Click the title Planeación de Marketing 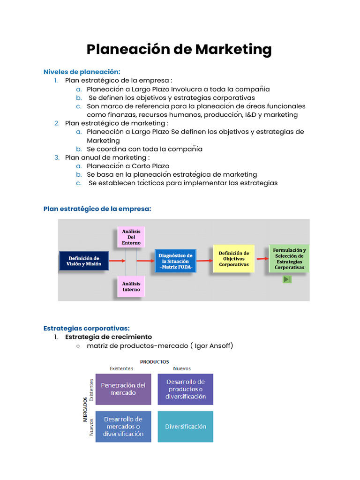coord(179,49)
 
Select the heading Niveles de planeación coord(82,72)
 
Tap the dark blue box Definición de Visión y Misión coord(84,261)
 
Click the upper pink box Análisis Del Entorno coord(131,237)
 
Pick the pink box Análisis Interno coord(131,286)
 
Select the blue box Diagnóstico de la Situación coord(176,261)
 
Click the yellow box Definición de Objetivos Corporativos coord(233,259)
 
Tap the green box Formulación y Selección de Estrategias coord(289,259)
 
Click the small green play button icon coord(287,279)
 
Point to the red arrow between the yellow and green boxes coord(262,259)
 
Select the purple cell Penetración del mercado coord(123,389)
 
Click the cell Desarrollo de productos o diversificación coord(186,389)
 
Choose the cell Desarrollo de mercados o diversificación coord(123,427)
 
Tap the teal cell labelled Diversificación coord(186,427)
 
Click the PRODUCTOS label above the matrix coord(154,362)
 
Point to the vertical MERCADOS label coord(85,411)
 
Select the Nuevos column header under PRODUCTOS coord(182,368)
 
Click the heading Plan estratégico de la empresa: coord(97,209)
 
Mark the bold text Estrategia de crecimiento coord(108,337)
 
